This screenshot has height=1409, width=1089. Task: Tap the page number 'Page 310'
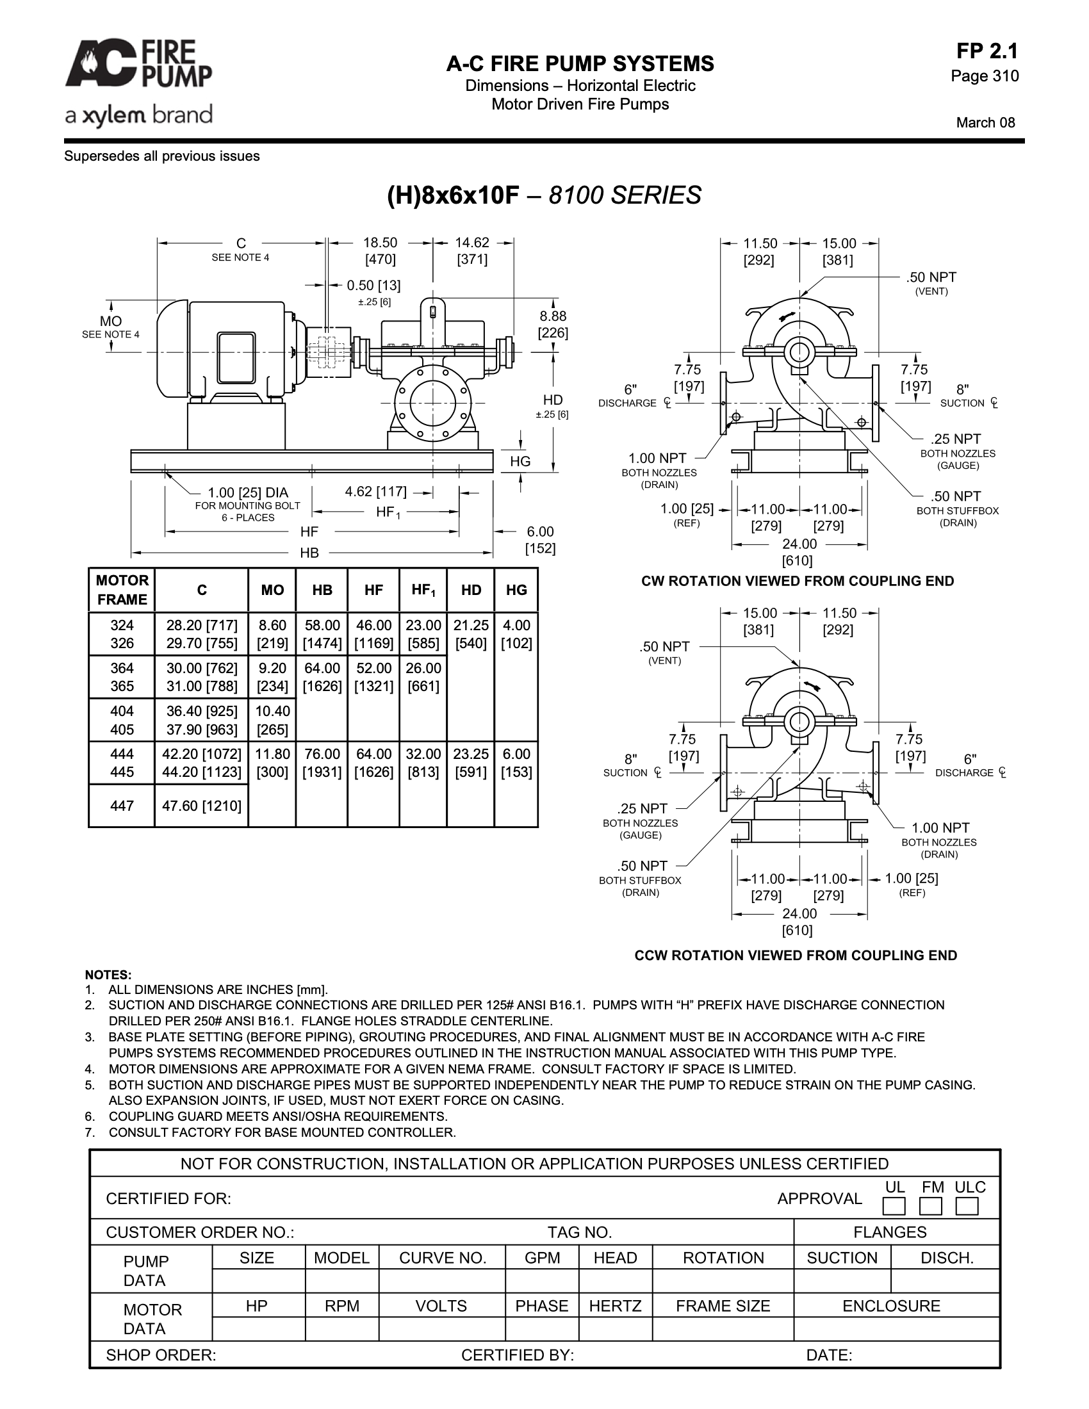(x=985, y=76)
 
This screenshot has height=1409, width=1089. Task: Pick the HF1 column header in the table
(x=423, y=590)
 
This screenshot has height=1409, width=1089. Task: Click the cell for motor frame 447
(x=122, y=806)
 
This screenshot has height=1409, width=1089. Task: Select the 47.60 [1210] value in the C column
(x=202, y=806)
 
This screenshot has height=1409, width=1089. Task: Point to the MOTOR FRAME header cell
(x=122, y=590)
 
